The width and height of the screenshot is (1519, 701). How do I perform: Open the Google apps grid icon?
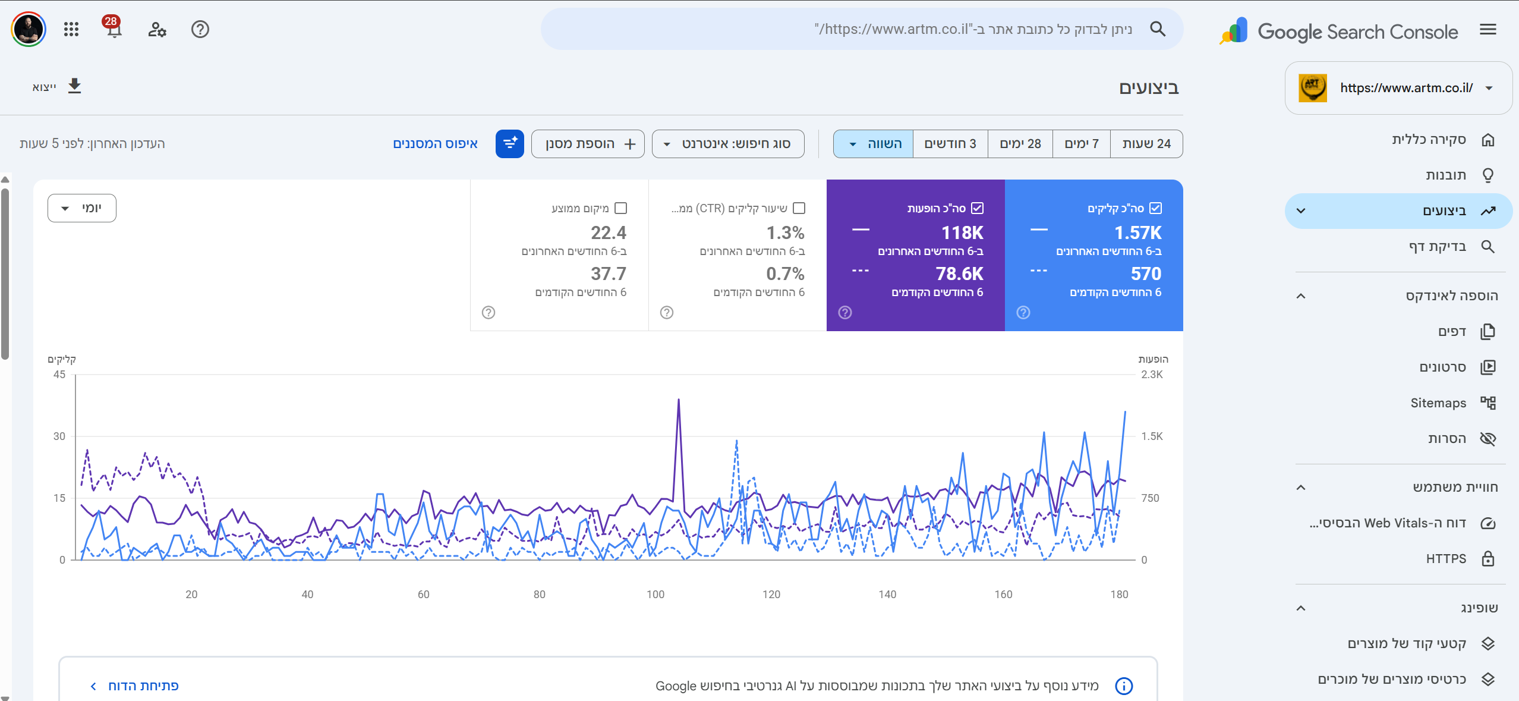tap(71, 29)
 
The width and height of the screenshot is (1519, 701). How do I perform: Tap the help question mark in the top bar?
tap(200, 29)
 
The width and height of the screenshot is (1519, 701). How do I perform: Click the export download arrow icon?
tap(74, 86)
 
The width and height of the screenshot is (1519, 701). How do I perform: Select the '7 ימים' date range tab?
tap(1082, 144)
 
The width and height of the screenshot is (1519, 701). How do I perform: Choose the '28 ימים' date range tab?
tap(1020, 144)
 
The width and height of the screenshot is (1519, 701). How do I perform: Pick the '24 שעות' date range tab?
tap(1146, 144)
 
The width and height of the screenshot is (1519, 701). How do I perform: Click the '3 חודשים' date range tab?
tap(950, 144)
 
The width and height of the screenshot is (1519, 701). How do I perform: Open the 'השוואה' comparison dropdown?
tap(874, 144)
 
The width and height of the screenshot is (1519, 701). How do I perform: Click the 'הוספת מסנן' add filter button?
tap(588, 144)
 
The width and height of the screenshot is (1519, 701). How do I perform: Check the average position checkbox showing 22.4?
tap(621, 208)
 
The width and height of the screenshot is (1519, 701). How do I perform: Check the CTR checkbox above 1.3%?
tap(799, 208)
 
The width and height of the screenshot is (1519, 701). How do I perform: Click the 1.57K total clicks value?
tap(1137, 232)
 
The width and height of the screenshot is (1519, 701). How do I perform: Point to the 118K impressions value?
tap(962, 232)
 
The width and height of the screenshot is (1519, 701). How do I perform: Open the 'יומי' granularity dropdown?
tap(82, 208)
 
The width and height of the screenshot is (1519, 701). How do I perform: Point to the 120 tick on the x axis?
tap(771, 594)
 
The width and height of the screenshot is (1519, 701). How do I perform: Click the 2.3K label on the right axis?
tap(1152, 375)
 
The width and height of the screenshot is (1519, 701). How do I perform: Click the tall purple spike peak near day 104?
tap(679, 400)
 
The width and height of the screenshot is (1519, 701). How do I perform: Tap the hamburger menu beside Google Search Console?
tap(1488, 29)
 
